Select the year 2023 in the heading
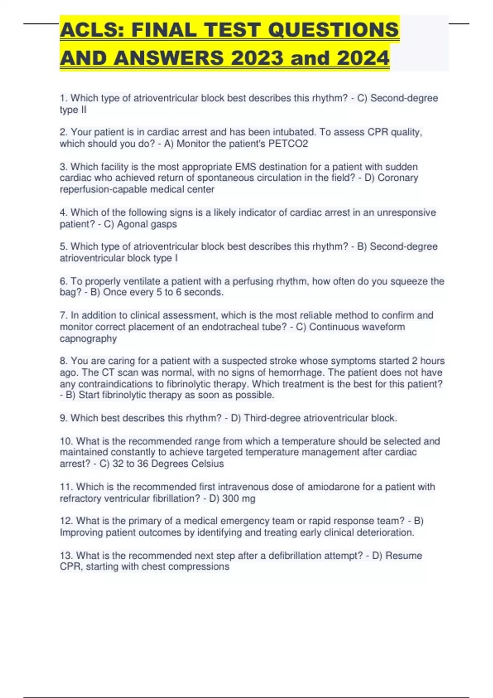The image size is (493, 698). [x=257, y=57]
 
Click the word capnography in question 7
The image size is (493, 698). [x=88, y=339]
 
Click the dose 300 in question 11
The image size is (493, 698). [x=231, y=498]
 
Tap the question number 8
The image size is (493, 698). [x=63, y=361]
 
